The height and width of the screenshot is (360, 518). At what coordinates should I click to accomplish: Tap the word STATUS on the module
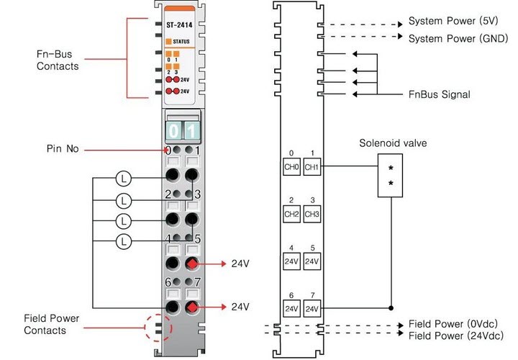click(x=181, y=42)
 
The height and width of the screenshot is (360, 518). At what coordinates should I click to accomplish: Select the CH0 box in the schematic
click(x=291, y=166)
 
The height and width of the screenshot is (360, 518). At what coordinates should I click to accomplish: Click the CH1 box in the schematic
click(x=311, y=166)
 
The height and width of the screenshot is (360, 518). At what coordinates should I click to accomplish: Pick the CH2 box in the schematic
click(x=291, y=213)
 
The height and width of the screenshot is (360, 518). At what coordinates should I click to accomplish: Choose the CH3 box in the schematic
click(x=311, y=213)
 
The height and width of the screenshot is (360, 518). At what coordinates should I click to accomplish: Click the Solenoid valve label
click(x=393, y=143)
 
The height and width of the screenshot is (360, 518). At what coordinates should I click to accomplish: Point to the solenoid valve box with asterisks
click(x=391, y=174)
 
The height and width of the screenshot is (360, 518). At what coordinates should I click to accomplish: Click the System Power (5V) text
click(x=453, y=21)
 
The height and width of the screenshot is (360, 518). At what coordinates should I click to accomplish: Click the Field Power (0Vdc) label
click(x=453, y=323)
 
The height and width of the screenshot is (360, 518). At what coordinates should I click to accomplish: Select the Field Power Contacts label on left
click(x=51, y=324)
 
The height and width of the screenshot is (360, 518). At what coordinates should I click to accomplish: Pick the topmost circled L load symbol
click(x=124, y=176)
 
